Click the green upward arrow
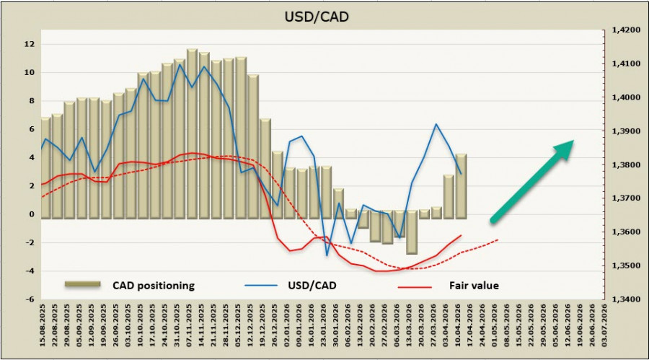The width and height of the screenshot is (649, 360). [x=532, y=180]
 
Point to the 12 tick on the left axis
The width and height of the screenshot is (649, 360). [x=30, y=44]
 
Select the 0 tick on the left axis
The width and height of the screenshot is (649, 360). [x=31, y=214]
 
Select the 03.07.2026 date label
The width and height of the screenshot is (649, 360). [x=604, y=325]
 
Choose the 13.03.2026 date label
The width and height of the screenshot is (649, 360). [x=411, y=325]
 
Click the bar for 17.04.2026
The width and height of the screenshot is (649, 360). [x=461, y=186]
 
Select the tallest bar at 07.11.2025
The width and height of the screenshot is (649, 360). [x=191, y=133]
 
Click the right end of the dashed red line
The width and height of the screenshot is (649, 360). [x=498, y=240]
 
